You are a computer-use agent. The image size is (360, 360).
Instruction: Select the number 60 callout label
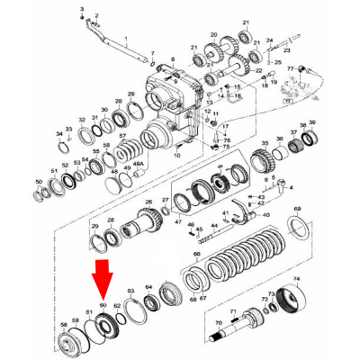[x=103, y=307]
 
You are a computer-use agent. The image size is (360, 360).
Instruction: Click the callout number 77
[x=290, y=67]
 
